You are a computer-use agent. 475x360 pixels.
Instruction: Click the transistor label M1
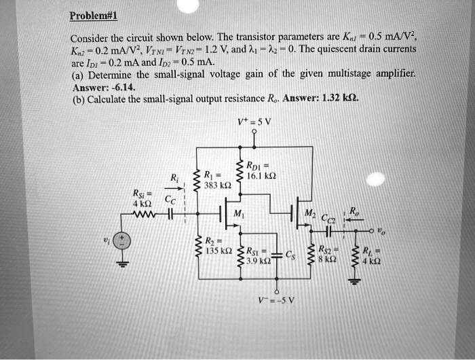[x=237, y=215]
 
